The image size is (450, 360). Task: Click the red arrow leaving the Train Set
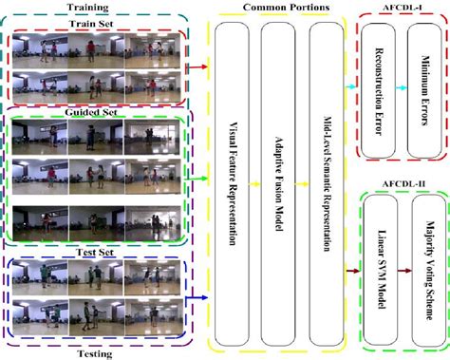(198, 67)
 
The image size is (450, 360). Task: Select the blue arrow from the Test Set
(198, 296)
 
